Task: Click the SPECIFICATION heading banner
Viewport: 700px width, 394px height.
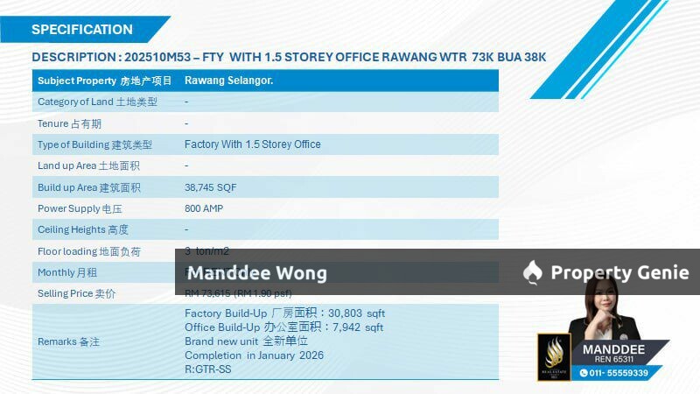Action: tap(82, 29)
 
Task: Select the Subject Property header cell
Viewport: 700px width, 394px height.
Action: tap(105, 81)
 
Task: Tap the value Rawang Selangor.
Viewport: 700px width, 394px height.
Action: tap(228, 81)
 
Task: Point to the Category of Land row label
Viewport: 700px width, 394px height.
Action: tap(97, 102)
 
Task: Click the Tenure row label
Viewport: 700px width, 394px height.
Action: tap(69, 123)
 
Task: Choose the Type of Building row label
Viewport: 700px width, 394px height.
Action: tap(94, 144)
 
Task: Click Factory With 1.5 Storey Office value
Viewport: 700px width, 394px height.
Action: tap(253, 144)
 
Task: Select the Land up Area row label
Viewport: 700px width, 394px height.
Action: tap(88, 165)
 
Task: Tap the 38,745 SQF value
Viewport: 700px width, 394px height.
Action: tap(210, 187)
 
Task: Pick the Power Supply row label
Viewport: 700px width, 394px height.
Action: tap(80, 208)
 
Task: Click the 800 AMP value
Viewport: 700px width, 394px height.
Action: tap(204, 208)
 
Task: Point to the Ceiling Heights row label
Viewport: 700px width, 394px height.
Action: tap(83, 229)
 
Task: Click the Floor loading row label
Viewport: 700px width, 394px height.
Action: tap(88, 251)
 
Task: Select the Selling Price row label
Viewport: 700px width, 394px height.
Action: tap(76, 293)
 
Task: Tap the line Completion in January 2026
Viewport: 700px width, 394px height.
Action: tap(254, 355)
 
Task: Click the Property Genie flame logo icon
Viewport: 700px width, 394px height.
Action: tap(532, 273)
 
